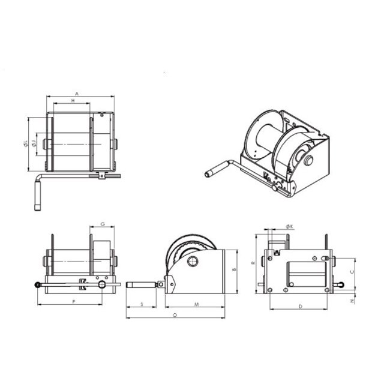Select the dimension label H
73,101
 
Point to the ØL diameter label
25,142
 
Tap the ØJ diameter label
34,143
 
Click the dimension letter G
103,224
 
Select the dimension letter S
142,305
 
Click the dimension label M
197,305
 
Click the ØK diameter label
289,226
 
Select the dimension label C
351,271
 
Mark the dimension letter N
352,301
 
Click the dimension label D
300,307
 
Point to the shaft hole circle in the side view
192,262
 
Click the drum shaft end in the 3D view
308,160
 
